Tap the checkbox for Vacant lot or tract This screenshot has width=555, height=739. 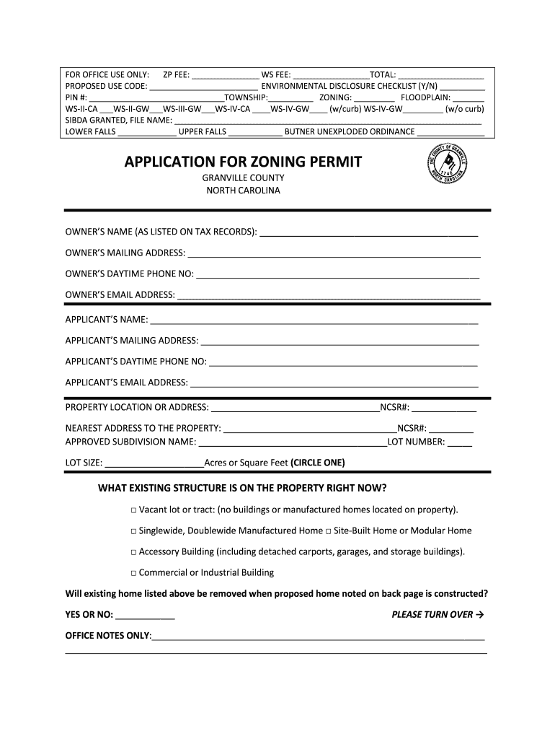[133, 510]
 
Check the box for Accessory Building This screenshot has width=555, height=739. [133, 552]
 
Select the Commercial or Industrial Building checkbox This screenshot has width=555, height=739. [133, 573]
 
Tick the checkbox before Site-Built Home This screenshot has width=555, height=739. [328, 531]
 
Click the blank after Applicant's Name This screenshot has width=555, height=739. [314, 320]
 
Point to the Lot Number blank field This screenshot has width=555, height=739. [460, 442]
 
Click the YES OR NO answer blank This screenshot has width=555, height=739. [145, 616]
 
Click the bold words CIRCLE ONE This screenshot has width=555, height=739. [318, 463]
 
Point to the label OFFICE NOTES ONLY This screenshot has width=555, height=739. [108, 636]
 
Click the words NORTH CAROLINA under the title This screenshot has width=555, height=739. [243, 191]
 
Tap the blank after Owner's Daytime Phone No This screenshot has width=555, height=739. [337, 274]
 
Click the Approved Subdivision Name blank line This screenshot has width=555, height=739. [292, 442]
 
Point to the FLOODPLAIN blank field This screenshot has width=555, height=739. [469, 97]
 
